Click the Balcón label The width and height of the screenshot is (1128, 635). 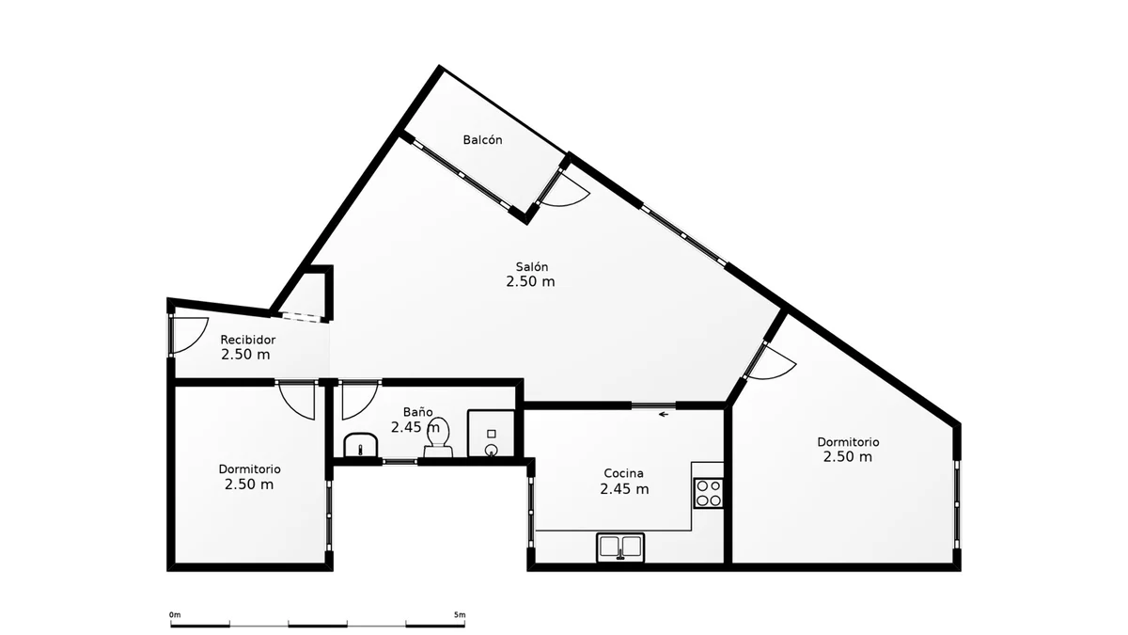pyautogui.click(x=482, y=139)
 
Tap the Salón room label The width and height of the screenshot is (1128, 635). pyautogui.click(x=531, y=266)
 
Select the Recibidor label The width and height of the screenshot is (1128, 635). pyautogui.click(x=248, y=340)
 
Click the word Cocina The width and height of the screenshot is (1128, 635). pyautogui.click(x=623, y=473)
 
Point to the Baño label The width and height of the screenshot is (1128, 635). pyautogui.click(x=418, y=412)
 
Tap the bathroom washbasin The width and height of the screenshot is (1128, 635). pyautogui.click(x=361, y=446)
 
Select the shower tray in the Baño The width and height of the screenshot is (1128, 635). pyautogui.click(x=492, y=434)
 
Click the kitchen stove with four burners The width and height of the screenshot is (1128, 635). pyautogui.click(x=709, y=492)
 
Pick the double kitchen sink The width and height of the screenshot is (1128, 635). pyautogui.click(x=621, y=548)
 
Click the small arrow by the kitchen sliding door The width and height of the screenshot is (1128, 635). pyautogui.click(x=664, y=414)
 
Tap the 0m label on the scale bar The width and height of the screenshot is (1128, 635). pyautogui.click(x=175, y=615)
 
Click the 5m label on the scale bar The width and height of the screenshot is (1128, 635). pyautogui.click(x=460, y=615)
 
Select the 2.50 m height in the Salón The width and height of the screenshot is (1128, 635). pyautogui.click(x=530, y=281)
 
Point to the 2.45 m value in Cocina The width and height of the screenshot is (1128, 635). pyautogui.click(x=624, y=489)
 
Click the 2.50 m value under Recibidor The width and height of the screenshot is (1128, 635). pyautogui.click(x=245, y=355)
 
